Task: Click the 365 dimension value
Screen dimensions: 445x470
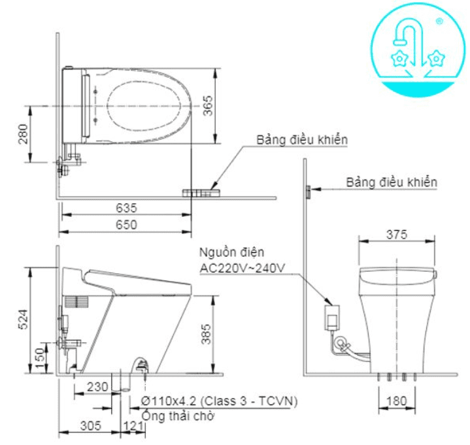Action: pyautogui.click(x=208, y=105)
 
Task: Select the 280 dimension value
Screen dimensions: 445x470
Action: pyautogui.click(x=24, y=134)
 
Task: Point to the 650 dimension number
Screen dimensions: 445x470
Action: pyautogui.click(x=126, y=225)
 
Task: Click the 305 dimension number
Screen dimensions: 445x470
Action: pyautogui.click(x=90, y=426)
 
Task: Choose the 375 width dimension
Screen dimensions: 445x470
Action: pyautogui.click(x=397, y=234)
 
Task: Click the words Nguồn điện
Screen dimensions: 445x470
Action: pyautogui.click(x=228, y=253)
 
